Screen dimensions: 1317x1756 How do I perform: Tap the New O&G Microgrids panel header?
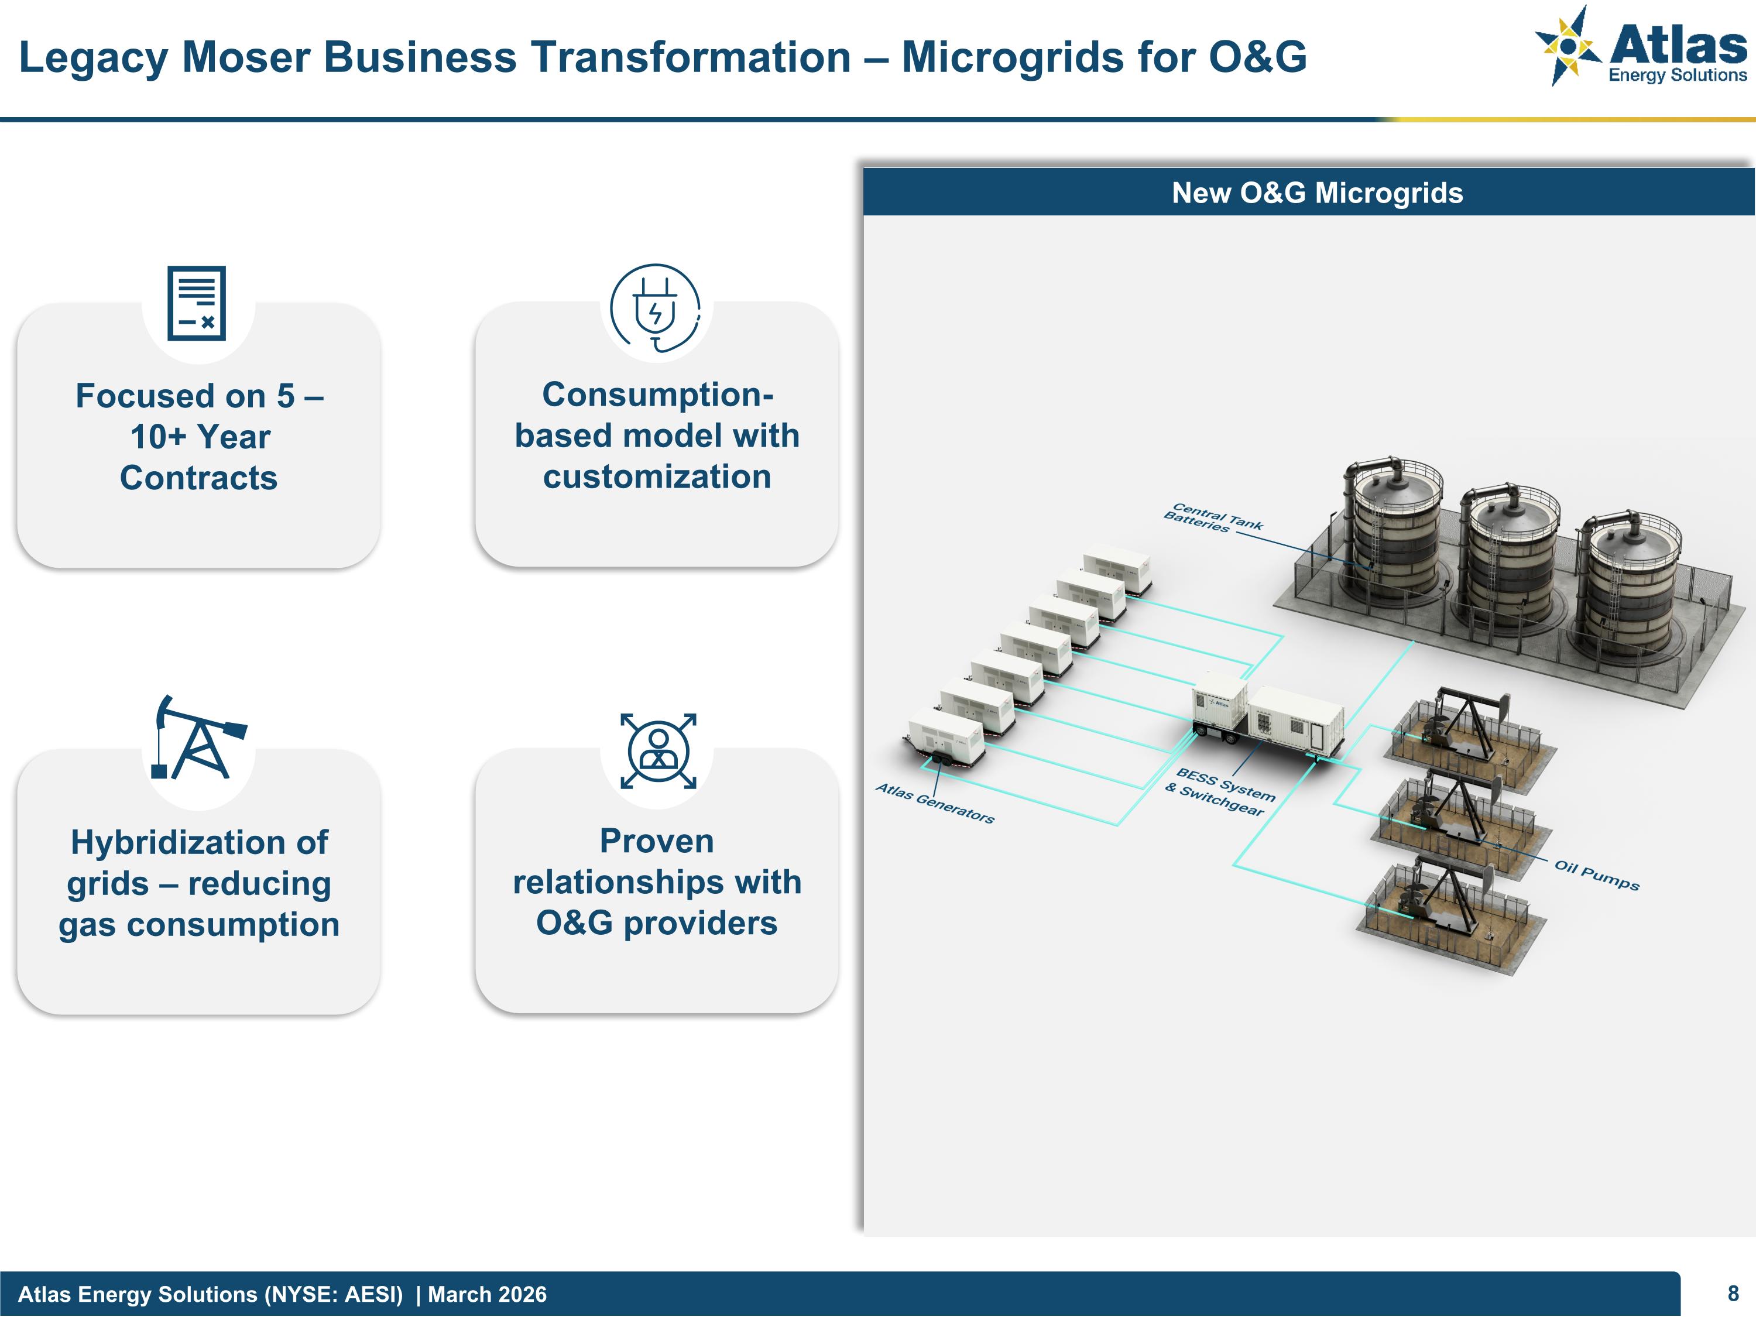(x=1316, y=193)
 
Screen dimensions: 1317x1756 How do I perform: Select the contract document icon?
(x=197, y=303)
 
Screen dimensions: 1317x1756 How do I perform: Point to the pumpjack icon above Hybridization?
(x=198, y=738)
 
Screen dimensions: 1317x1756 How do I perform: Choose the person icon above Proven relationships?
(x=658, y=750)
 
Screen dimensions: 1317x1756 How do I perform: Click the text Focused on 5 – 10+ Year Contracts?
(x=198, y=437)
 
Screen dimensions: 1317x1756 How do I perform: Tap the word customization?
(x=657, y=477)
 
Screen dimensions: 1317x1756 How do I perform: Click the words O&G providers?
(x=657, y=923)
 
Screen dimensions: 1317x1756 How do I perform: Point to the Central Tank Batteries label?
(x=1212, y=517)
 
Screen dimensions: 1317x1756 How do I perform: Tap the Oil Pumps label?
(x=1596, y=875)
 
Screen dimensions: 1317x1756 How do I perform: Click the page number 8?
(x=1733, y=1294)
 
